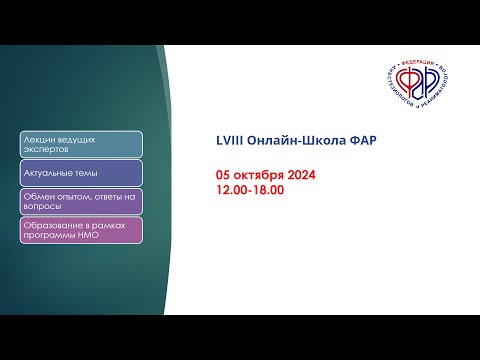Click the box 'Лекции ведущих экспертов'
coord(80,144)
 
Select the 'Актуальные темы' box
coord(80,173)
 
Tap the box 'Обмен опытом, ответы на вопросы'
coord(80,201)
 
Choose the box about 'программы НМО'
coord(80,229)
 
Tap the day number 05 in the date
coord(223,174)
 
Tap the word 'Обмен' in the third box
coord(38,196)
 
